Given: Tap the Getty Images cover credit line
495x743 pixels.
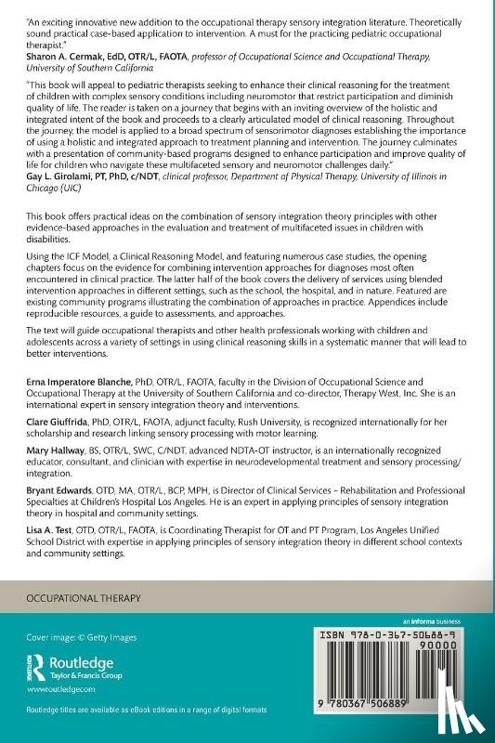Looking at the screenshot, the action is coord(81,637).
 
